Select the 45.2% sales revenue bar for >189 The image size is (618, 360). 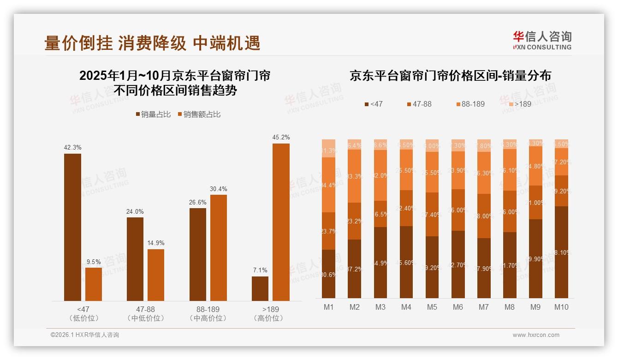coord(281,222)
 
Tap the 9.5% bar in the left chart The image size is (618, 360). coord(94,284)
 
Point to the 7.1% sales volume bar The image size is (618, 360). coord(260,288)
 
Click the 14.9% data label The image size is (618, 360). coord(156,243)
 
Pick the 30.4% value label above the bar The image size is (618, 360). coord(218,189)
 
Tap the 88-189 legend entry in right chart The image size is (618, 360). coord(470,104)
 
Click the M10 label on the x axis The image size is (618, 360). coord(561,307)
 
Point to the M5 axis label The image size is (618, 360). coord(432,307)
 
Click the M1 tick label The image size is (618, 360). coord(329,307)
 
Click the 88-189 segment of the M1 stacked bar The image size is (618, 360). coord(328,185)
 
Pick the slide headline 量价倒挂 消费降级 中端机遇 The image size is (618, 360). coord(152,43)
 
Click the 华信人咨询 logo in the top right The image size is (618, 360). coord(542,40)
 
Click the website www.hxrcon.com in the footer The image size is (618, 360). coord(536,335)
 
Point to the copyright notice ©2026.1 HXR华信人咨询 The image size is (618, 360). coord(85,335)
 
